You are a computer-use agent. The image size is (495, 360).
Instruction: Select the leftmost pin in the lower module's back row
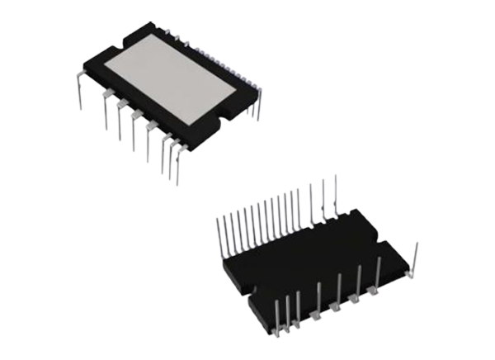click(220, 239)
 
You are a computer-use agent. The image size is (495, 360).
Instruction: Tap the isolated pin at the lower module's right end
click(417, 253)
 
